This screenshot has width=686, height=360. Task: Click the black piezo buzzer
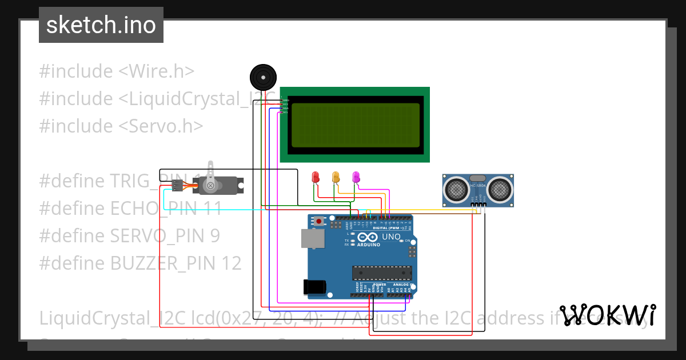pyautogui.click(x=263, y=77)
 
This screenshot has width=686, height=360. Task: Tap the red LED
pyautogui.click(x=315, y=177)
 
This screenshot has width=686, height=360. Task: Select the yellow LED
pyautogui.click(x=336, y=177)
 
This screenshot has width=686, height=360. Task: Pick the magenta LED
pyautogui.click(x=356, y=177)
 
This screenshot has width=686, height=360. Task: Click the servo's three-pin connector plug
pyautogui.click(x=177, y=185)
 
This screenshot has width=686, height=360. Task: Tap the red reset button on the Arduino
pyautogui.click(x=319, y=221)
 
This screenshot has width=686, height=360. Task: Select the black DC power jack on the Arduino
pyautogui.click(x=316, y=286)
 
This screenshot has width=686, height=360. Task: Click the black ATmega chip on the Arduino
pyautogui.click(x=381, y=274)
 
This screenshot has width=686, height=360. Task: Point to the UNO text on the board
pyautogui.click(x=391, y=236)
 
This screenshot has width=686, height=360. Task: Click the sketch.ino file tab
pyautogui.click(x=101, y=25)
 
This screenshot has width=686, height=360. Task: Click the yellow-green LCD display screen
pyautogui.click(x=354, y=125)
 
